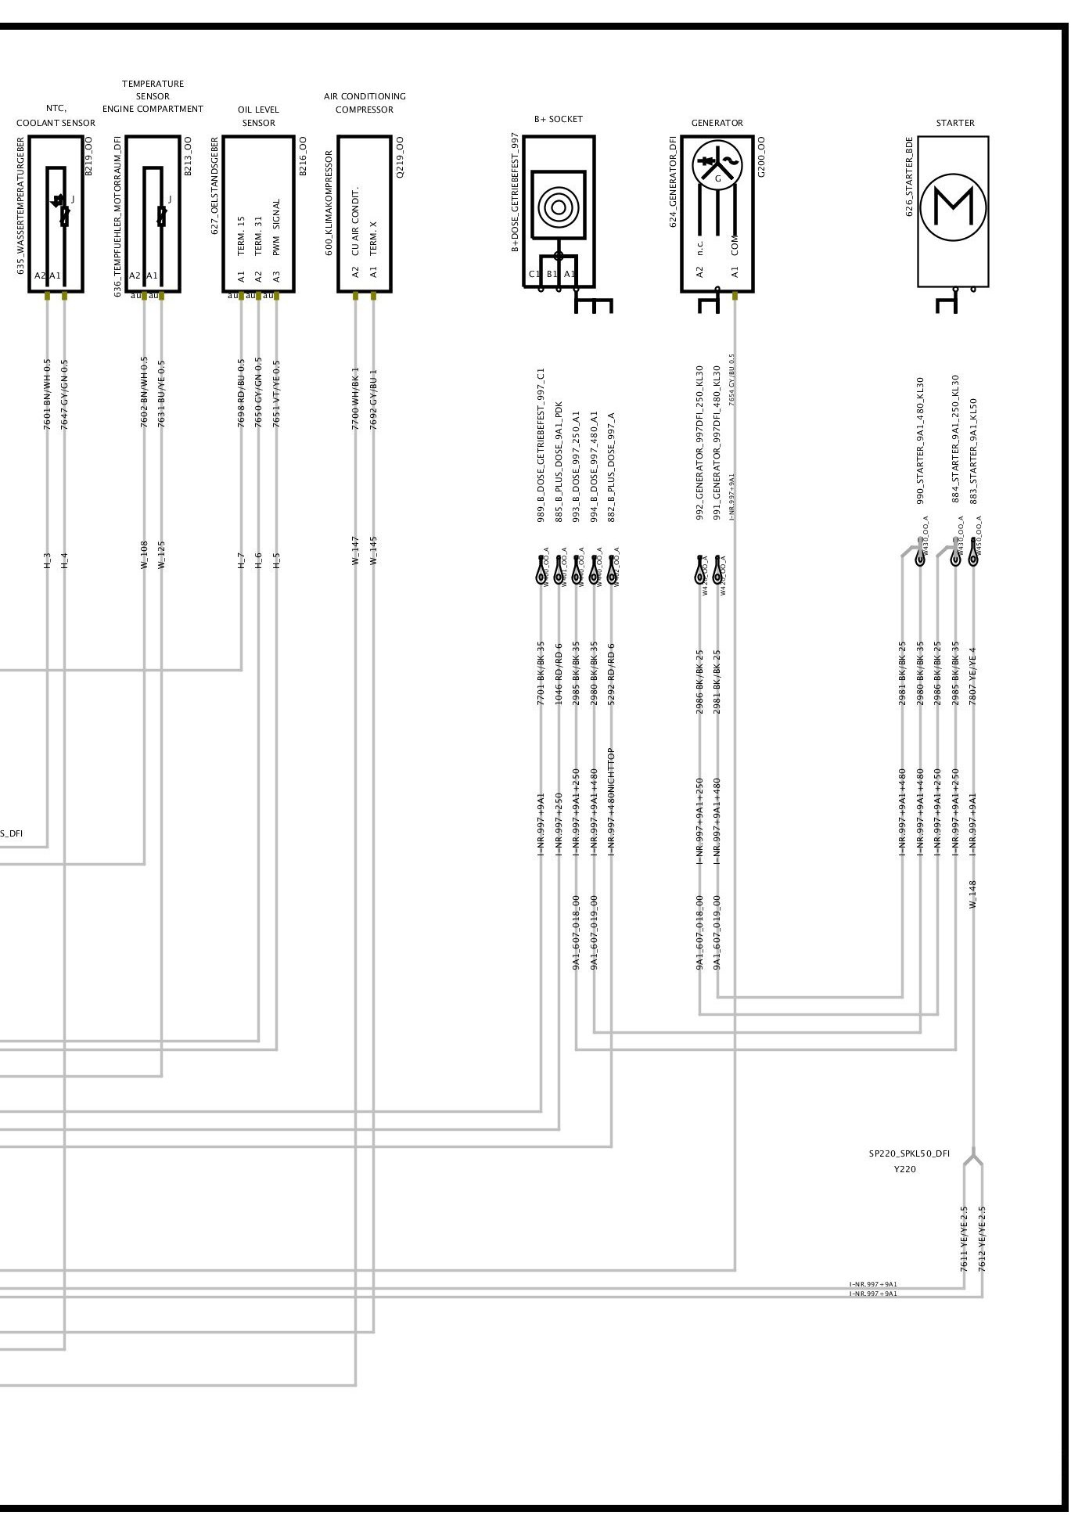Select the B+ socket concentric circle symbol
click(558, 207)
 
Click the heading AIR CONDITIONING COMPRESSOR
click(365, 103)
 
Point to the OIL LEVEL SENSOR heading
click(258, 116)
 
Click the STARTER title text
click(955, 123)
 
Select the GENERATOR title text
click(717, 123)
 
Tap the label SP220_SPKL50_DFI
click(909, 1153)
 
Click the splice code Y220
click(905, 1169)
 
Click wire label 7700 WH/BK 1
click(355, 398)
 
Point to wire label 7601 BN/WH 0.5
click(48, 394)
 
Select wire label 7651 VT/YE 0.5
click(276, 394)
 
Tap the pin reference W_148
click(973, 894)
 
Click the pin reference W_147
click(355, 550)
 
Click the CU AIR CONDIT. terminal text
click(355, 221)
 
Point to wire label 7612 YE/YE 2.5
click(982, 1238)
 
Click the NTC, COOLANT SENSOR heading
click(56, 116)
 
